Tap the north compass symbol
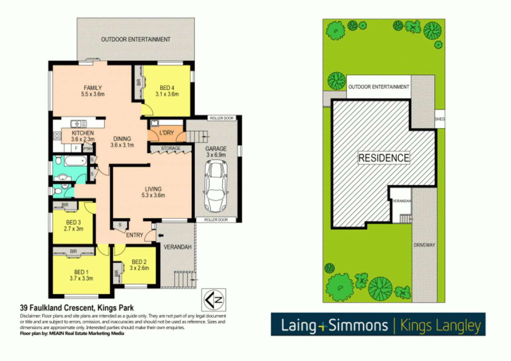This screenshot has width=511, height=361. point(214,300)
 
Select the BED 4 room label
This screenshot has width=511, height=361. point(167,88)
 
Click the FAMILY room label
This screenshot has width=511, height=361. point(93,88)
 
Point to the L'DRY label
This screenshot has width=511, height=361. point(166,133)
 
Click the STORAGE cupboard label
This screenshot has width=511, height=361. point(171,148)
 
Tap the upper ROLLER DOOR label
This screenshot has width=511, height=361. point(222,118)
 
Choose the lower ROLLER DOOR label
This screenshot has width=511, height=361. point(216,220)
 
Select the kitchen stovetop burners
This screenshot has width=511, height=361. point(57,136)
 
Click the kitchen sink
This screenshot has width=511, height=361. point(79,124)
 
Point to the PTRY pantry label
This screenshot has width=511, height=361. point(88,149)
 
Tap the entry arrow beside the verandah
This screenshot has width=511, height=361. point(161,235)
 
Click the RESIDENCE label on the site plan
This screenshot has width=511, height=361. point(384,158)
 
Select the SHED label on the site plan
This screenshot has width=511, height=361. point(440,119)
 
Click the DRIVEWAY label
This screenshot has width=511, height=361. point(424,245)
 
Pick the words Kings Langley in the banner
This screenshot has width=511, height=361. point(440,325)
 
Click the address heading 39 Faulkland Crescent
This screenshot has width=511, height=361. point(77,308)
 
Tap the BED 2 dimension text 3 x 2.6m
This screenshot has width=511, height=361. point(139,268)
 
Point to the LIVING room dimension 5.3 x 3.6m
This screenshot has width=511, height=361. point(153,195)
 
